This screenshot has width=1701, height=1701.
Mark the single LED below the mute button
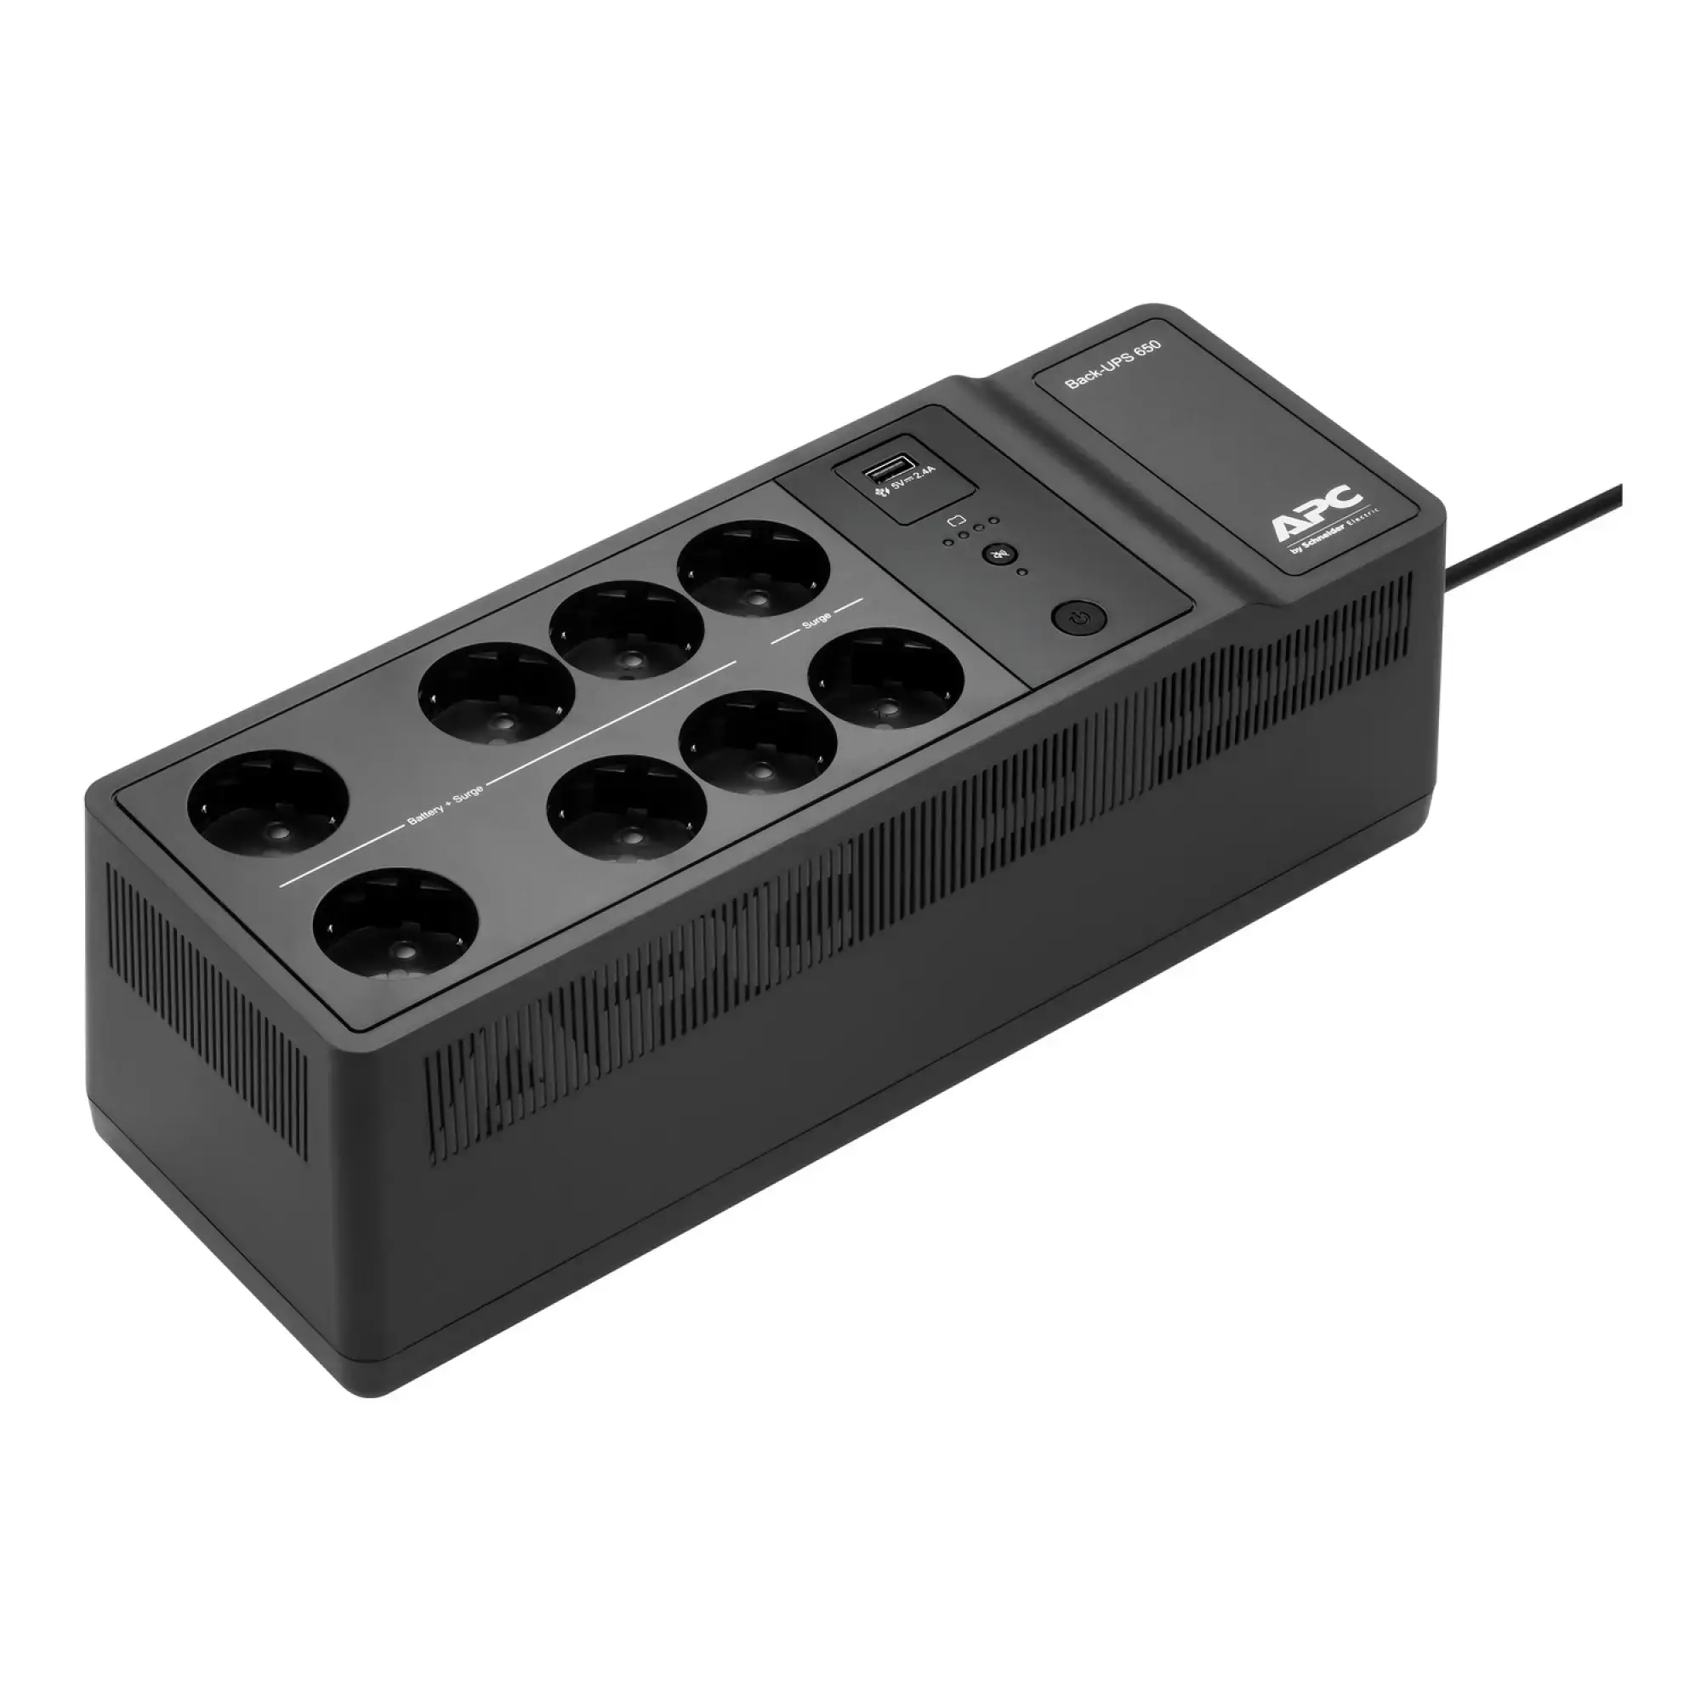(x=1022, y=572)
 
